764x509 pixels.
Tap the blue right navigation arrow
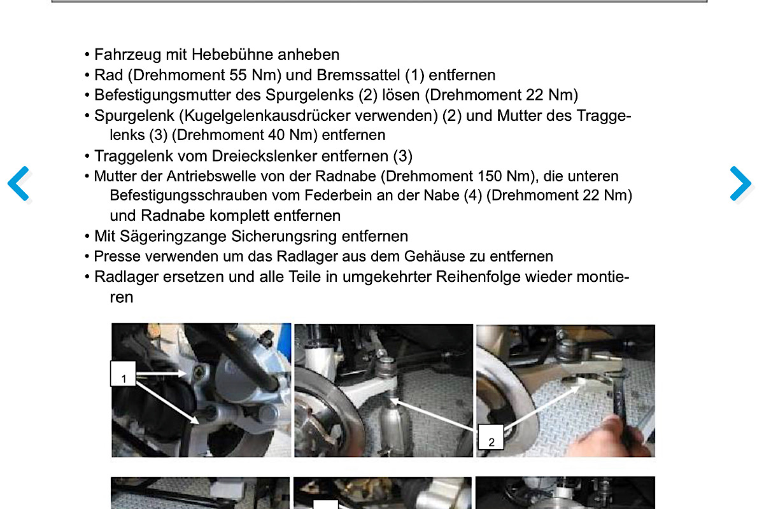(741, 183)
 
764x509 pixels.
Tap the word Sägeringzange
(173, 236)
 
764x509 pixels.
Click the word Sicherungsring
(284, 236)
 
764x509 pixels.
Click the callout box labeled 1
(123, 373)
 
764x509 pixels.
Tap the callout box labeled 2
(491, 437)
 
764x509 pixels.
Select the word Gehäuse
(434, 256)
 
